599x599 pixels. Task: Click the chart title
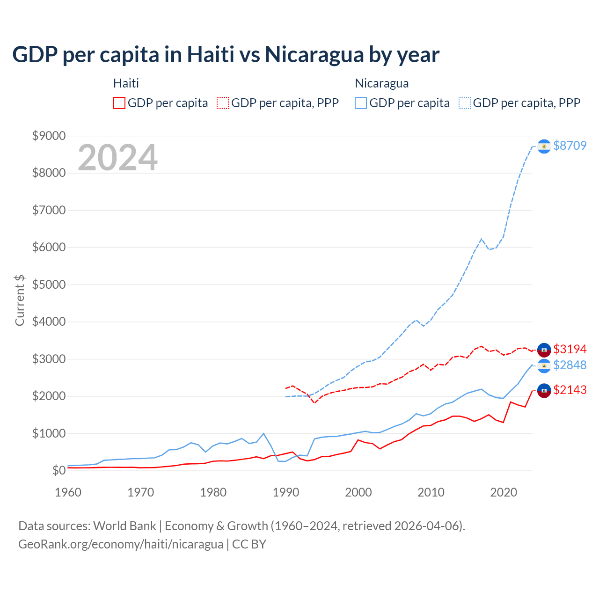(226, 55)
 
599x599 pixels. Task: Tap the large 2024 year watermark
(117, 158)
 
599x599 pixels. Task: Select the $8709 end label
(570, 146)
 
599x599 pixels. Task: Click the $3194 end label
(570, 349)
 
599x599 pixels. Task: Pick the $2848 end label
(570, 365)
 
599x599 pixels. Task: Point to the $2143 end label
(570, 390)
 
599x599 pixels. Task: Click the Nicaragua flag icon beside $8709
(544, 146)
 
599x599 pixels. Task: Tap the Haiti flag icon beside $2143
(544, 390)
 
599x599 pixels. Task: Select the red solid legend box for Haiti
(119, 103)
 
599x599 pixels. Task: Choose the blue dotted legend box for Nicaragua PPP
(465, 103)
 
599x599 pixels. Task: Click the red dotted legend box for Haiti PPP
(223, 103)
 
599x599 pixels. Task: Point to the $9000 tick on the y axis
(49, 136)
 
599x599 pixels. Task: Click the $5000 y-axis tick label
(49, 285)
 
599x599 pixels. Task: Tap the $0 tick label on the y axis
(58, 470)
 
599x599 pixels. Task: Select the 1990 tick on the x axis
(286, 492)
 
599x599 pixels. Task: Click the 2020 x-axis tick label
(504, 492)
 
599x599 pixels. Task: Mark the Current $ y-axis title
(20, 300)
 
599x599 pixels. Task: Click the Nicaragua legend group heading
(382, 83)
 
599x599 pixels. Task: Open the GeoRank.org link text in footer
(121, 544)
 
